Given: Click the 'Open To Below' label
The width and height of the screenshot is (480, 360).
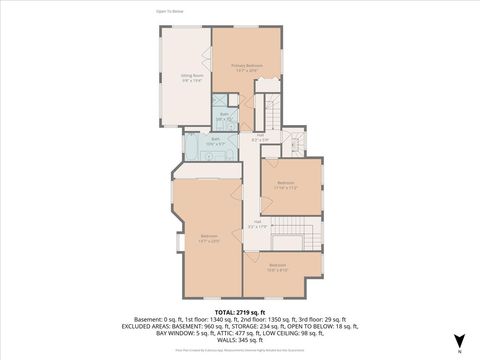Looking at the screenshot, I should [x=169, y=12].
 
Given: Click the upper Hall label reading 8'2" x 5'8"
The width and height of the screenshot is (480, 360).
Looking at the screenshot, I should [x=259, y=136].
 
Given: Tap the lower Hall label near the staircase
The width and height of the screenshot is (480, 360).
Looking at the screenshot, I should [x=257, y=224].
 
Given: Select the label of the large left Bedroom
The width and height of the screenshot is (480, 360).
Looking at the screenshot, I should [x=208, y=238].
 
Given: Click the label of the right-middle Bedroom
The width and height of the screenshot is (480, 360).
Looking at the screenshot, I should [x=285, y=185].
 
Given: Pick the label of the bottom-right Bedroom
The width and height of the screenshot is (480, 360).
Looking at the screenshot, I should [x=277, y=267].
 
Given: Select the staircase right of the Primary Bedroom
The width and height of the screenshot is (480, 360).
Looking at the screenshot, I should [x=270, y=104].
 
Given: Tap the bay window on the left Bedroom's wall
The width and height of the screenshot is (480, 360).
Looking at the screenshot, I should [x=177, y=241].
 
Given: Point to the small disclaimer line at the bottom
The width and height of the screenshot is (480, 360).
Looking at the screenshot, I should [x=239, y=350].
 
